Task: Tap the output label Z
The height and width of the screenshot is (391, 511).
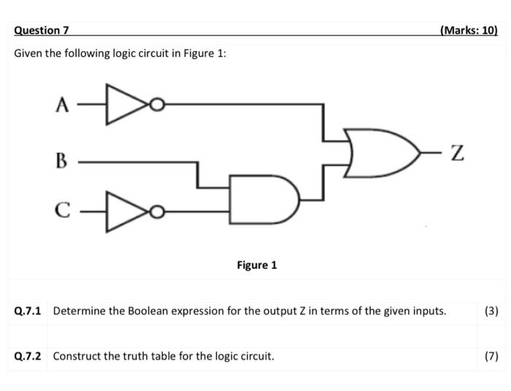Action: coord(458,153)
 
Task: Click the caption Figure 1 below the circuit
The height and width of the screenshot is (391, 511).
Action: coord(256,265)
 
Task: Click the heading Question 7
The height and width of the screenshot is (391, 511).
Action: coord(41,30)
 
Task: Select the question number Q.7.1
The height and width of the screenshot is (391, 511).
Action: coord(28,311)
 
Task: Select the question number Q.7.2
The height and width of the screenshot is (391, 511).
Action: coord(28,357)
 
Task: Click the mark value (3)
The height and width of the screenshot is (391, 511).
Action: coord(491,311)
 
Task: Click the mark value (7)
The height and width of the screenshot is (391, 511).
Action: coord(491,357)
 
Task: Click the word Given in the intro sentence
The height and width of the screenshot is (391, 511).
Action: coord(28,53)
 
